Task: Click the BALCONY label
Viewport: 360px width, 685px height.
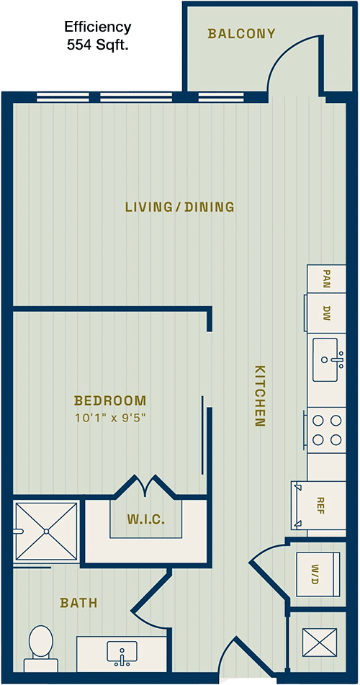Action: tap(242, 34)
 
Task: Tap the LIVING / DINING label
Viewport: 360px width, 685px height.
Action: tap(180, 207)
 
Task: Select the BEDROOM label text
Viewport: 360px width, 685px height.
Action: tap(110, 400)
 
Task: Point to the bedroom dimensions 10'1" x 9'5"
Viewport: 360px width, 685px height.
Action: tap(109, 418)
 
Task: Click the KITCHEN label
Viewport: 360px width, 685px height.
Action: tap(259, 395)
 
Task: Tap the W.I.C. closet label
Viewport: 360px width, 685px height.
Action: tap(146, 520)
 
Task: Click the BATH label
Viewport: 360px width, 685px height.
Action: tap(78, 604)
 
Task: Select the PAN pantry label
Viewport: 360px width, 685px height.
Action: tap(326, 277)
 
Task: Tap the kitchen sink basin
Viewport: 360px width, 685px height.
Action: tap(325, 359)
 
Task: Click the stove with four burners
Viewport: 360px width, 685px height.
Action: tap(327, 430)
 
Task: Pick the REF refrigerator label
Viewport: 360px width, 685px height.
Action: tap(321, 505)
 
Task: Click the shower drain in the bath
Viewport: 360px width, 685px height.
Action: tap(46, 532)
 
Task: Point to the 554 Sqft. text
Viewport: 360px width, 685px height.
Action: tap(97, 45)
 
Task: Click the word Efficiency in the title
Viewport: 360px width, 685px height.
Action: tap(97, 27)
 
